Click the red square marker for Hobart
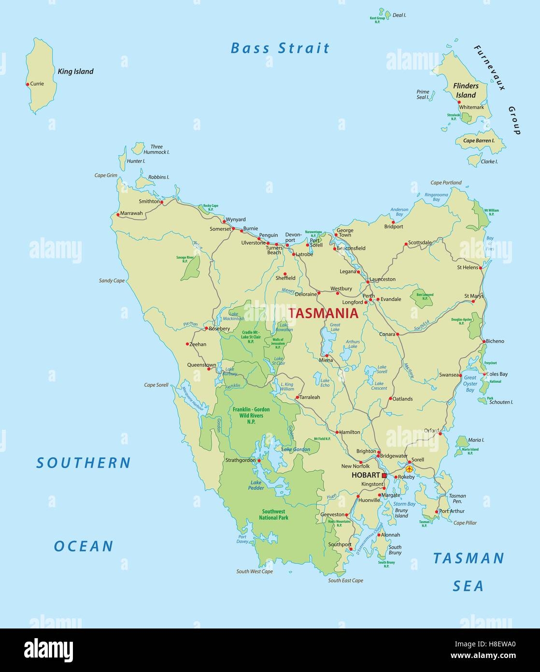384,476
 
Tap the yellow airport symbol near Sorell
410,468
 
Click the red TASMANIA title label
323,313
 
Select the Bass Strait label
280,48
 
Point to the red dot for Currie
28,84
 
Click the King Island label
75,72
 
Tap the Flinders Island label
466,90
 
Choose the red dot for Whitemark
459,102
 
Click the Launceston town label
383,279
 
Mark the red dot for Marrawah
118,214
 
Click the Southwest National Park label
273,514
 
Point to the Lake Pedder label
257,485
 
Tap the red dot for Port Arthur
437,511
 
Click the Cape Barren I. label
479,141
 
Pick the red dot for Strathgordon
259,461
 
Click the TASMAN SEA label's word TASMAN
468,558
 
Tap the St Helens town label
468,267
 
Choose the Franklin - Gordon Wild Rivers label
251,415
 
